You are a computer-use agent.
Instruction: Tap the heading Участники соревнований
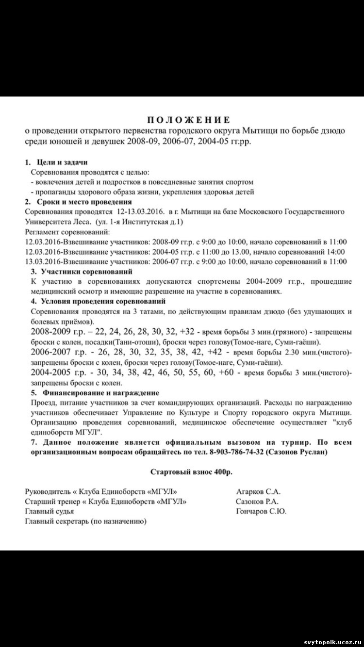click(87, 272)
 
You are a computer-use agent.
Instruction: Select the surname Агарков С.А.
click(258, 492)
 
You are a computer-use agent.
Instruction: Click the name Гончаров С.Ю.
click(261, 511)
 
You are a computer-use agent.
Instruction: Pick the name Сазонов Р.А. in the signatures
click(257, 501)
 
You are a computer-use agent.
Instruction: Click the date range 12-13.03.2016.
click(140, 212)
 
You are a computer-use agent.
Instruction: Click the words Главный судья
click(50, 511)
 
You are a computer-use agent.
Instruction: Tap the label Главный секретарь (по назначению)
click(85, 521)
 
